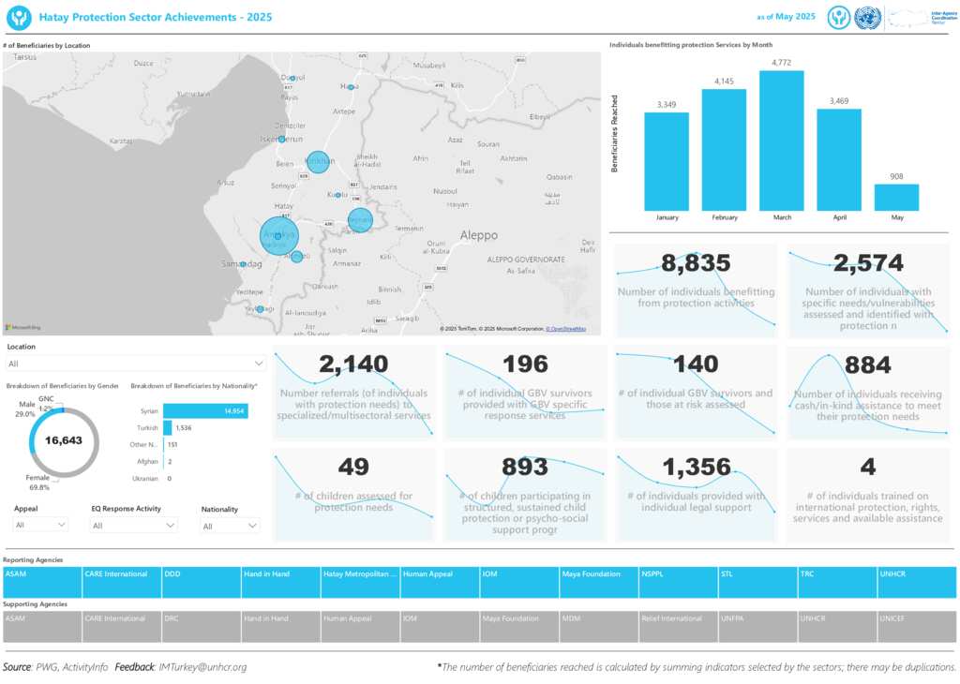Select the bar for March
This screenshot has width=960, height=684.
point(782,141)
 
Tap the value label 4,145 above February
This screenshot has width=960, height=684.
point(724,82)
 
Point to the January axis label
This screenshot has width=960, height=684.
point(667,217)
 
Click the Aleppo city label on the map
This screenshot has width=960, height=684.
point(478,235)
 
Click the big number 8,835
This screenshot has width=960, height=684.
point(696,263)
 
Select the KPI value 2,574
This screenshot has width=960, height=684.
point(868,263)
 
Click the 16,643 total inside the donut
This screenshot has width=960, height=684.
point(64,440)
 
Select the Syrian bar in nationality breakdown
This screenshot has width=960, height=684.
point(205,410)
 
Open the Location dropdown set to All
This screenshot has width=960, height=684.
point(135,363)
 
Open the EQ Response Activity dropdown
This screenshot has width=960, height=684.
point(133,526)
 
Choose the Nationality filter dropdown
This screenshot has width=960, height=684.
point(229,526)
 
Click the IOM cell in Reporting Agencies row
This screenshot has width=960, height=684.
point(518,573)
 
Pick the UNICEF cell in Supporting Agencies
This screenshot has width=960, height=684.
point(916,618)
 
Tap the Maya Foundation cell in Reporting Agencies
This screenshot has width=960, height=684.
point(598,573)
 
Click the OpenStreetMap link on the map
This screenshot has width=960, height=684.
point(566,329)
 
